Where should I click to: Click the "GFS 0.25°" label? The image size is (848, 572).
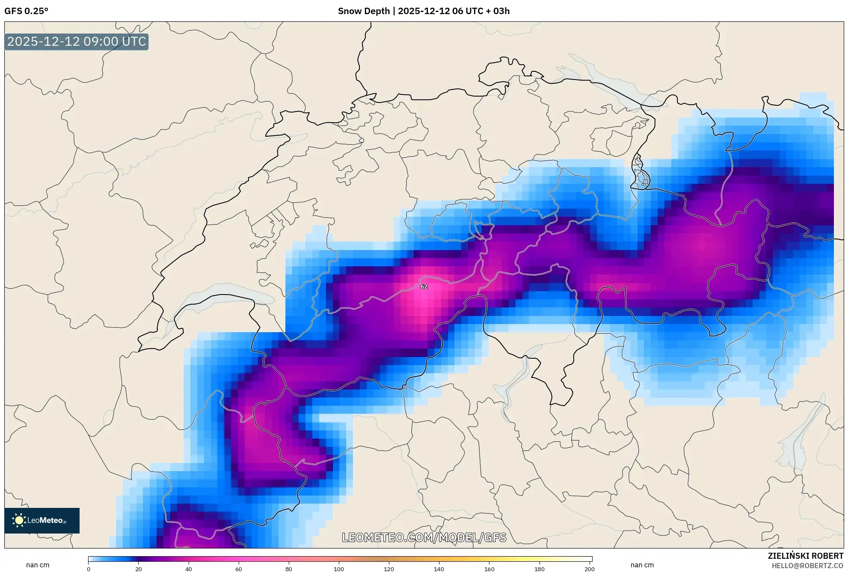click(x=26, y=11)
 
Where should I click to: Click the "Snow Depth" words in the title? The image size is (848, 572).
click(x=364, y=11)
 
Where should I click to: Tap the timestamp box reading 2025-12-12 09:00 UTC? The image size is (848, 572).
click(x=77, y=42)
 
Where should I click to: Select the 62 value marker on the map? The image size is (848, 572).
click(x=424, y=286)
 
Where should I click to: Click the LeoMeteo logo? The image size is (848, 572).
click(x=42, y=520)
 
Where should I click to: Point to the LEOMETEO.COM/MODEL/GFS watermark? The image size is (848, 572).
click(x=424, y=537)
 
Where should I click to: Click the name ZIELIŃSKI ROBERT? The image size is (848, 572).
click(x=805, y=556)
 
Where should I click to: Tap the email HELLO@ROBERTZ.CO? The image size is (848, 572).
click(x=807, y=566)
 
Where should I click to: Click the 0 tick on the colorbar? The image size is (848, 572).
click(x=89, y=569)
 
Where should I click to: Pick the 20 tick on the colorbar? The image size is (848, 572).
click(x=139, y=569)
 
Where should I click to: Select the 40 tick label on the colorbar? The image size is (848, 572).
click(x=189, y=569)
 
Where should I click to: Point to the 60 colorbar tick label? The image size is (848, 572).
click(x=239, y=569)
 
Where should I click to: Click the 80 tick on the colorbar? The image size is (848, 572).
click(x=289, y=569)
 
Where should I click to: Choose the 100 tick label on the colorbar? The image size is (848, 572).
click(x=339, y=569)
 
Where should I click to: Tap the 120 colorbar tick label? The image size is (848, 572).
click(x=389, y=569)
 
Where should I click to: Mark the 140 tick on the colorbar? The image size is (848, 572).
click(x=439, y=569)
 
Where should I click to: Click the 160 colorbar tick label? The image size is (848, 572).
click(x=489, y=569)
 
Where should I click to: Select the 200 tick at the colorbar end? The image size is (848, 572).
click(x=590, y=569)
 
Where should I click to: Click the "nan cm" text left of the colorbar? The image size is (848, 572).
click(x=38, y=565)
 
